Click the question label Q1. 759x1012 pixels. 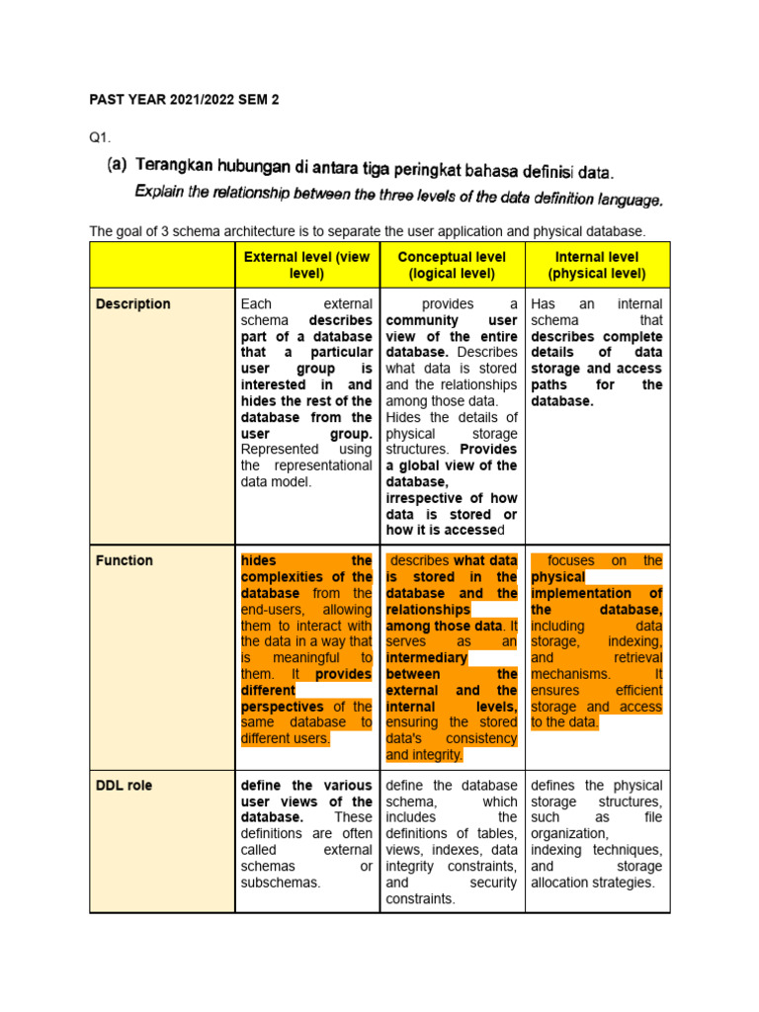(x=100, y=138)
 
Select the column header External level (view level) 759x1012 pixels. (x=306, y=265)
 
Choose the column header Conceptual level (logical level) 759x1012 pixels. (x=452, y=265)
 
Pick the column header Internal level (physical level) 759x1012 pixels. (x=597, y=265)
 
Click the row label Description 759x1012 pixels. (x=132, y=304)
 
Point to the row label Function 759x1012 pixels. (x=125, y=560)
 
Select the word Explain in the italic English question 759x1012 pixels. (x=162, y=191)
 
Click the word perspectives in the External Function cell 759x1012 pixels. (x=282, y=708)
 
